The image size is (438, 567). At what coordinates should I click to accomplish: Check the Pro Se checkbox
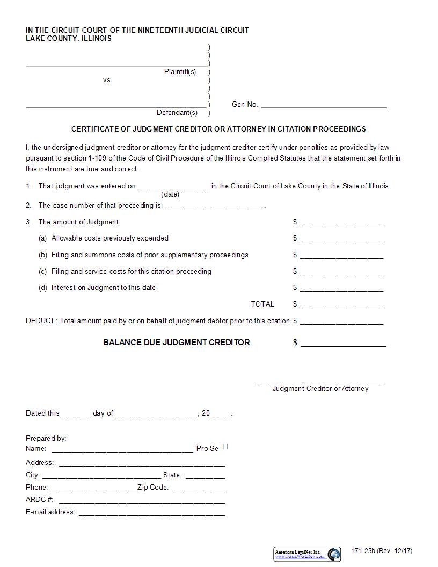click(x=225, y=447)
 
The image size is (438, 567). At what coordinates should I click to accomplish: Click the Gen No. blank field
click(x=324, y=105)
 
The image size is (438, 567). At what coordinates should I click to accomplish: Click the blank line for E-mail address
click(x=152, y=512)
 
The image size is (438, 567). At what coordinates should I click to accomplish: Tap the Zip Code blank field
click(x=199, y=488)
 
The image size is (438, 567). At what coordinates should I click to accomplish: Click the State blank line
click(x=205, y=475)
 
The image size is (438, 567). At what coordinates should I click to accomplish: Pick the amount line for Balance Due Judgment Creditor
click(x=343, y=343)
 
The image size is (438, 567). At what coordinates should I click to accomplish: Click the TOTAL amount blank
click(x=341, y=304)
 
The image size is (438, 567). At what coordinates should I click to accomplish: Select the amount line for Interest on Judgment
click(x=341, y=288)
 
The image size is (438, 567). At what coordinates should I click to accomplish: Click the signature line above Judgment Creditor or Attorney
click(x=320, y=382)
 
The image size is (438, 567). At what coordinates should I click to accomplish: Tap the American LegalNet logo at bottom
click(x=307, y=554)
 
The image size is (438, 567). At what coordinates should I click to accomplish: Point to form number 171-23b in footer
click(x=382, y=551)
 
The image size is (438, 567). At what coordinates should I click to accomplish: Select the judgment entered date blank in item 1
click(x=174, y=186)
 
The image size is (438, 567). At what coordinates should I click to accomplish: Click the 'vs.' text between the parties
click(x=107, y=80)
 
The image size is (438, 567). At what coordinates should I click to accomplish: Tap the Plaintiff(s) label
click(x=180, y=72)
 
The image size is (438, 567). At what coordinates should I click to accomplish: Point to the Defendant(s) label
click(x=177, y=113)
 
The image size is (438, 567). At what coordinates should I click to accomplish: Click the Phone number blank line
click(x=93, y=488)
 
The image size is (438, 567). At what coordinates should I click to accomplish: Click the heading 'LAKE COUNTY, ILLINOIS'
click(x=69, y=39)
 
